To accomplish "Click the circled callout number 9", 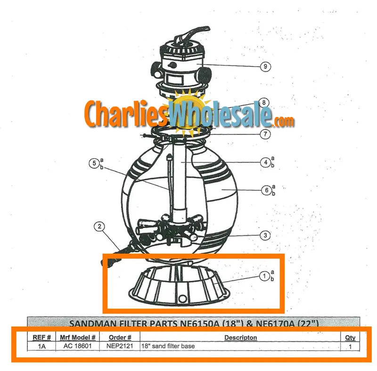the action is click(x=265, y=66).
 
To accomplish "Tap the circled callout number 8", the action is click(x=264, y=103).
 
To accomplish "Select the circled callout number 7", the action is click(x=265, y=134).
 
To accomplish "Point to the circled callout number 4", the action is click(x=265, y=162).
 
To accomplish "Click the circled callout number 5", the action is click(x=94, y=163).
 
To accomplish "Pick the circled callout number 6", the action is click(x=266, y=190).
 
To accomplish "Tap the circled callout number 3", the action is click(x=265, y=235).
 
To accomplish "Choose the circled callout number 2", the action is click(x=99, y=226).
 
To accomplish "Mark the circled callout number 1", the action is click(x=264, y=276).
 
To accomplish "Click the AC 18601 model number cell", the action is click(x=77, y=346).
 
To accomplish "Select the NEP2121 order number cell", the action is click(x=120, y=346).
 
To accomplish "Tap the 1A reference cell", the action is click(x=41, y=346).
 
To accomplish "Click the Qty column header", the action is click(x=350, y=338).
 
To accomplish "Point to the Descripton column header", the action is click(x=240, y=338).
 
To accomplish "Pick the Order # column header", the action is click(x=120, y=338).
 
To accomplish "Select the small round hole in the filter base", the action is click(x=182, y=298).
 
